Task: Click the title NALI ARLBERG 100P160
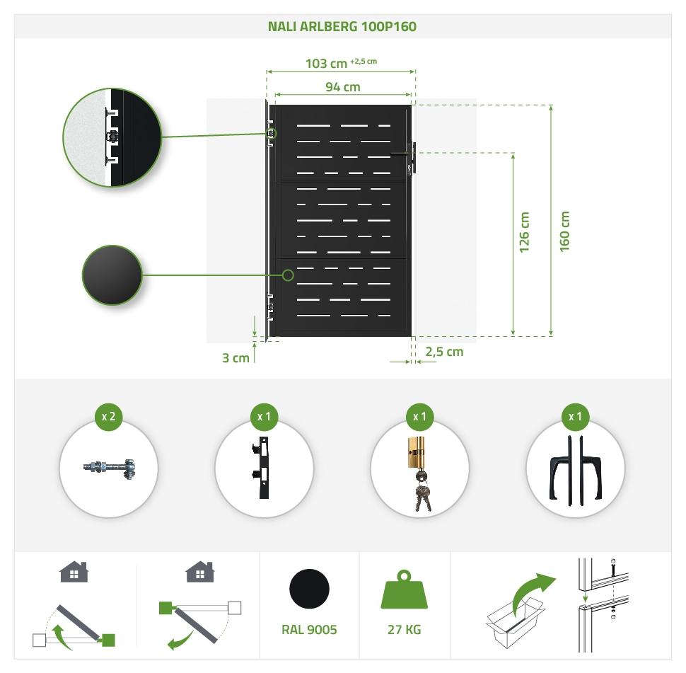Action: (342, 26)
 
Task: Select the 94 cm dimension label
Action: (342, 87)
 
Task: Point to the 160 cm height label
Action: (564, 231)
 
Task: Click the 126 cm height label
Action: (524, 232)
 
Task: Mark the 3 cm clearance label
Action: (236, 358)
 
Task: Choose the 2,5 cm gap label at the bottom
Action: (444, 352)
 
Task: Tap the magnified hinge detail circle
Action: (112, 137)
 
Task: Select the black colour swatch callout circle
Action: (112, 275)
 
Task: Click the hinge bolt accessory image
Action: (109, 468)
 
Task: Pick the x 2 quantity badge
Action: (109, 416)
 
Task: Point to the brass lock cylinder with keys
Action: (419, 473)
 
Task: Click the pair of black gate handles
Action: (575, 471)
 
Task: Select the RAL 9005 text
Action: (309, 630)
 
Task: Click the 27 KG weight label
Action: (405, 630)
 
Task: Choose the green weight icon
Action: (405, 589)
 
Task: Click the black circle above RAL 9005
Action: (309, 589)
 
